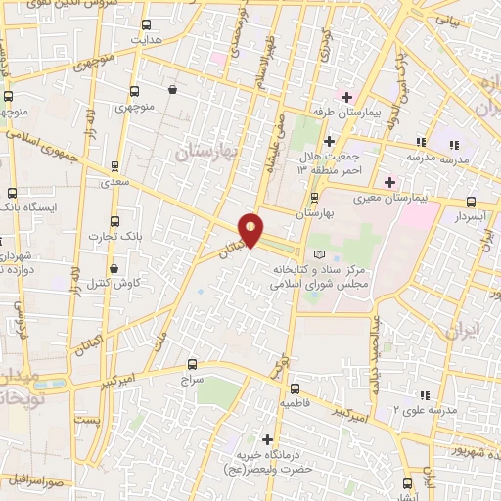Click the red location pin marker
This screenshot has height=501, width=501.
coord(251,230)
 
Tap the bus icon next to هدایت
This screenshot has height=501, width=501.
coord(147,24)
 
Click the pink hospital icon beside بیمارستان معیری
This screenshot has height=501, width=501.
coord(389,182)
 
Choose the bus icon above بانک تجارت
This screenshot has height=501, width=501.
coord(115,221)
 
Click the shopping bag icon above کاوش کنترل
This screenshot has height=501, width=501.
coord(115,267)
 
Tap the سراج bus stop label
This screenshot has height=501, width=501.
coord(190,376)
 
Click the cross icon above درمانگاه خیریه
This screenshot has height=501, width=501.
coord(268,438)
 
